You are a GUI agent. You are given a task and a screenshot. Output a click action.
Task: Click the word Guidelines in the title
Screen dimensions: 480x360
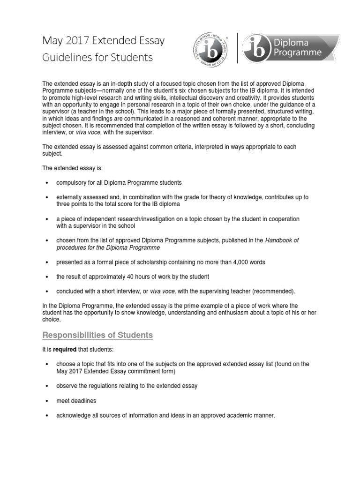point(63,58)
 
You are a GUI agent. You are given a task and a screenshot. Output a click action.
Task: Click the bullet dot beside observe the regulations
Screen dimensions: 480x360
point(46,386)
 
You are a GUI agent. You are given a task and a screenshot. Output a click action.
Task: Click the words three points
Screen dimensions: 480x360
point(73,204)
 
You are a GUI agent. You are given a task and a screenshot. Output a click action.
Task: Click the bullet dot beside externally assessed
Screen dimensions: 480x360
point(46,197)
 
